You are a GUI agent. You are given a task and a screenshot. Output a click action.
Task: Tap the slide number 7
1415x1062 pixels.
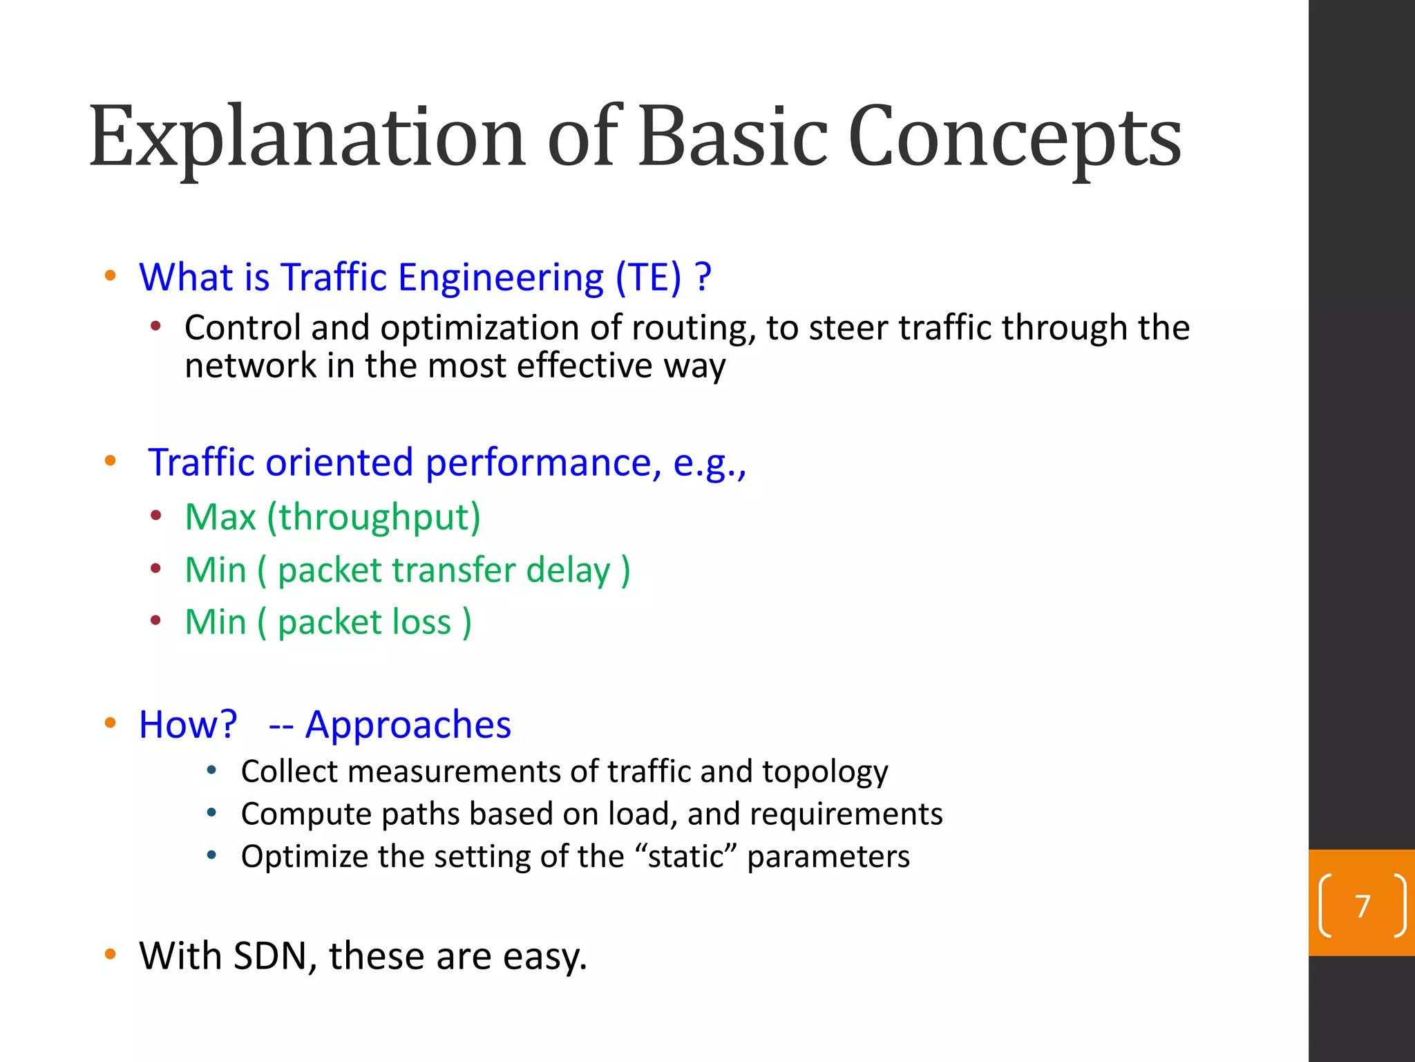click(x=1362, y=906)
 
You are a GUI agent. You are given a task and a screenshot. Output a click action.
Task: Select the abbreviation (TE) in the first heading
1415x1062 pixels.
click(x=648, y=277)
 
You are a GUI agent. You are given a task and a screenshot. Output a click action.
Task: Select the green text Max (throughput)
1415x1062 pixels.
click(x=332, y=516)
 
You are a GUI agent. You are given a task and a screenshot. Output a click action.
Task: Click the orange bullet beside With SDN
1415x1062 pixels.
click(x=110, y=955)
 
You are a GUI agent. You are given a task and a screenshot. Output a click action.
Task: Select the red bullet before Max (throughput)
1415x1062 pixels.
click(x=156, y=515)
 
